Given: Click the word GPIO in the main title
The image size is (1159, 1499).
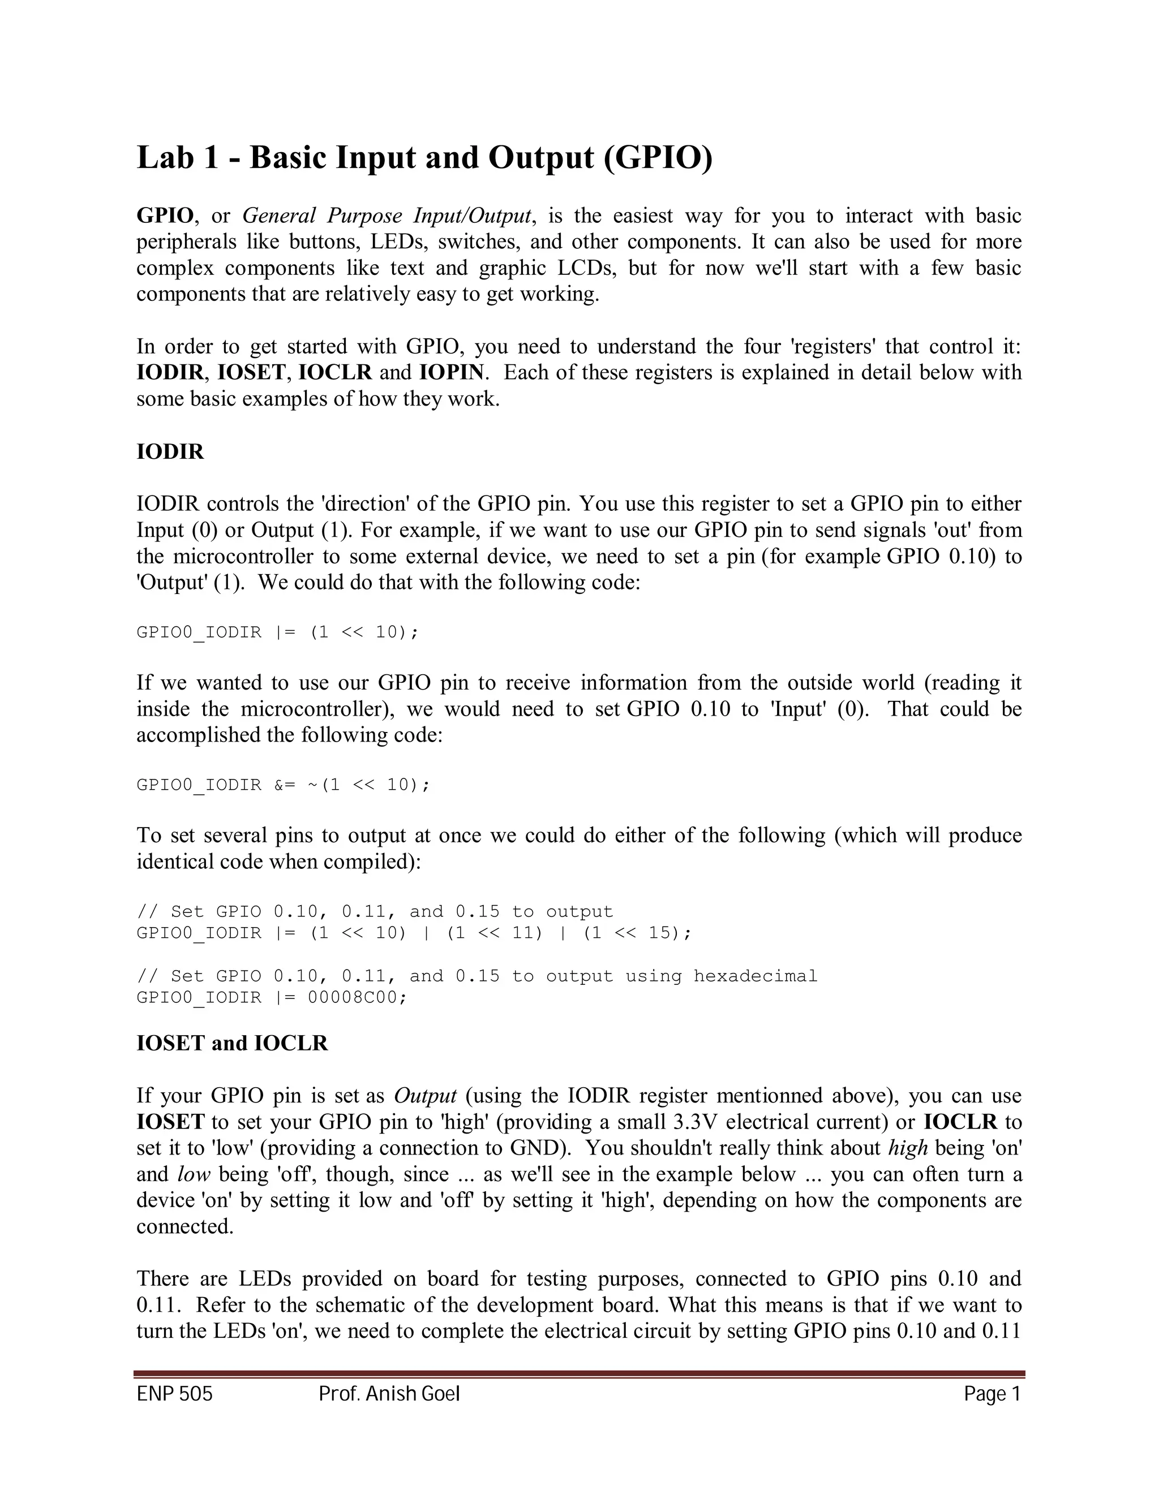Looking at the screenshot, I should (x=664, y=158).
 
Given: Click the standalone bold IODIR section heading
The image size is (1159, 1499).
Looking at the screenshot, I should (x=170, y=453).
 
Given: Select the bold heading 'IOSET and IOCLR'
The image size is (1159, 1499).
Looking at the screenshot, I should (x=232, y=1043).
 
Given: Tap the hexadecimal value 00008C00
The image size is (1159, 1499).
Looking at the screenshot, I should (x=357, y=997).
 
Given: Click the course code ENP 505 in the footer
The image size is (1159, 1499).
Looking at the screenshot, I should (x=174, y=1394).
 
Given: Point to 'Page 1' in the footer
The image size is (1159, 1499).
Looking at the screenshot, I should (x=992, y=1394).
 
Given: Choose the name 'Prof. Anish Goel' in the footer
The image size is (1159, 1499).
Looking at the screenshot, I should (x=389, y=1394).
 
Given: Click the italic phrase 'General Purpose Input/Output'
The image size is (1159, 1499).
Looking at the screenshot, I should (x=387, y=216).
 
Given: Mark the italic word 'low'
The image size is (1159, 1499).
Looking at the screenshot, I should (x=194, y=1174).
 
